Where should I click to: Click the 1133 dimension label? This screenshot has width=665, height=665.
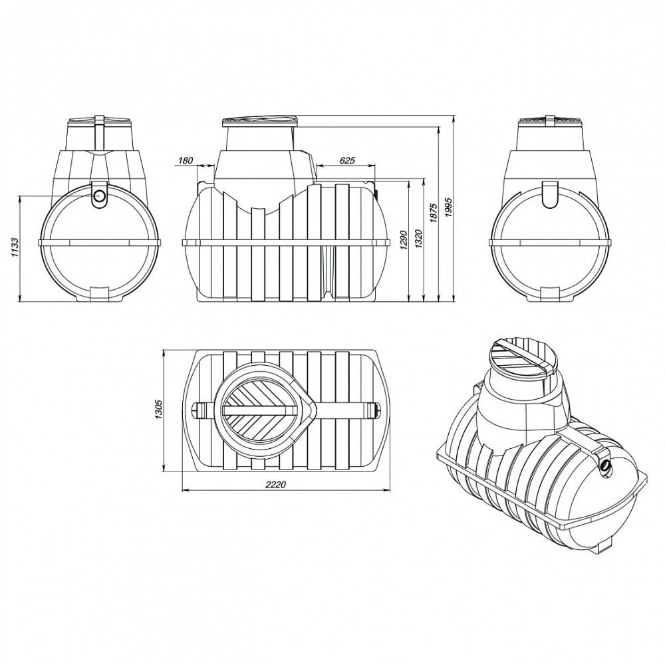tap(14, 248)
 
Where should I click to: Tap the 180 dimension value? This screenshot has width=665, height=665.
tap(186, 161)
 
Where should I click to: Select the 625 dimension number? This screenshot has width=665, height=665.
tap(347, 161)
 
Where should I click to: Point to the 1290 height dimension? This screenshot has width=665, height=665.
tap(404, 241)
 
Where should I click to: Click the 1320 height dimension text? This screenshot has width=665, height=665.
tap(419, 241)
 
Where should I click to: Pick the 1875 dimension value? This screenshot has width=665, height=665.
tap(434, 209)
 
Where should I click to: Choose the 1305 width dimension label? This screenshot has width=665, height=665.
tap(159, 409)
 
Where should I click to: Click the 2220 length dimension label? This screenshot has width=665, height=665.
tap(276, 485)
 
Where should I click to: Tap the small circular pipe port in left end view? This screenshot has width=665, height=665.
tap(100, 196)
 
